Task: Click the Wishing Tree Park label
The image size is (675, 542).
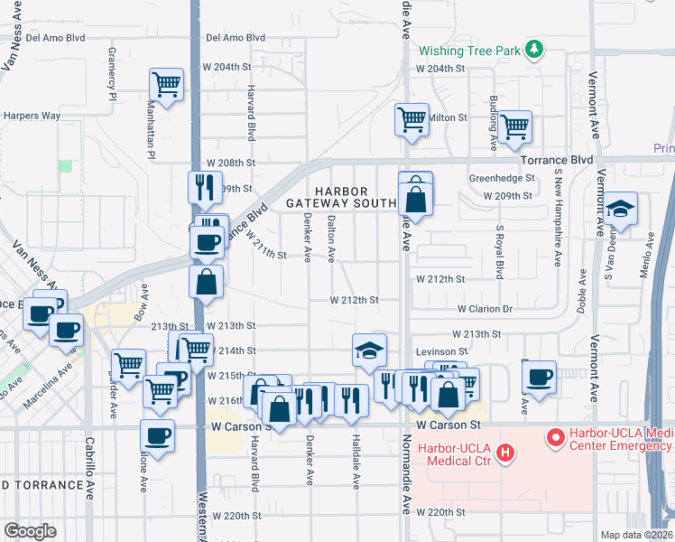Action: click(468, 51)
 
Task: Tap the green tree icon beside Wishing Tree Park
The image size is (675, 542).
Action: click(534, 48)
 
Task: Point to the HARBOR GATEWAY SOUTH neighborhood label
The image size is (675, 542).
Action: click(341, 198)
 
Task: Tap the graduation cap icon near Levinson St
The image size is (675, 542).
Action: click(367, 350)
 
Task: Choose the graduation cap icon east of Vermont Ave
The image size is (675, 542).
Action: click(620, 209)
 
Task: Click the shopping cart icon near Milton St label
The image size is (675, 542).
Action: click(411, 117)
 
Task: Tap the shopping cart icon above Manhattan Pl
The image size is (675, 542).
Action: click(167, 84)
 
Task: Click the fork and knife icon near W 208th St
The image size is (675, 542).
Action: click(205, 186)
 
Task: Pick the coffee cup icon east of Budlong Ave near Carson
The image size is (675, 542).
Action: click(539, 376)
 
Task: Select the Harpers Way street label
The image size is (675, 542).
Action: click(32, 116)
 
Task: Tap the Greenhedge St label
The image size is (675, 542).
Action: click(498, 179)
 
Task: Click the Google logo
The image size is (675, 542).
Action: click(30, 531)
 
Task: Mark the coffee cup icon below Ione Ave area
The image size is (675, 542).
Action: click(158, 435)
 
